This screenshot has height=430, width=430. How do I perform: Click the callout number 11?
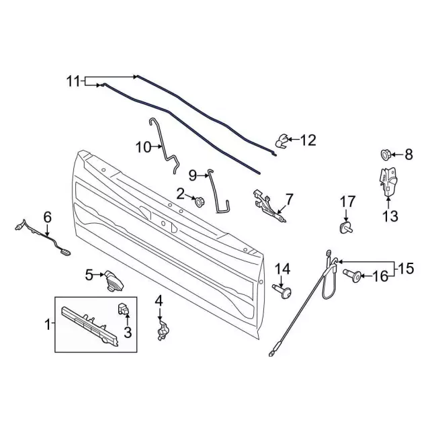pyautogui.click(x=73, y=81)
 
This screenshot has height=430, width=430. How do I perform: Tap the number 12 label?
pyautogui.click(x=308, y=140)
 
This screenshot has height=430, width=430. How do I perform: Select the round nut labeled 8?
pyautogui.click(x=386, y=155)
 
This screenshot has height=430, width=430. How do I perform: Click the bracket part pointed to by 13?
pyautogui.click(x=388, y=182)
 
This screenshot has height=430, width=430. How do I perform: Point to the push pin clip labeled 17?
pyautogui.click(x=345, y=228)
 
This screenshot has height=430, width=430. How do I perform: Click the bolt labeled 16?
pyautogui.click(x=353, y=275)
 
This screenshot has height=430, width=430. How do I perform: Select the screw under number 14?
pyautogui.click(x=282, y=292)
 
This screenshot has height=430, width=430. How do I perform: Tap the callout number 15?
pyautogui.click(x=406, y=269)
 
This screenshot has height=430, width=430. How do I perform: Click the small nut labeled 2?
pyautogui.click(x=199, y=202)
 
